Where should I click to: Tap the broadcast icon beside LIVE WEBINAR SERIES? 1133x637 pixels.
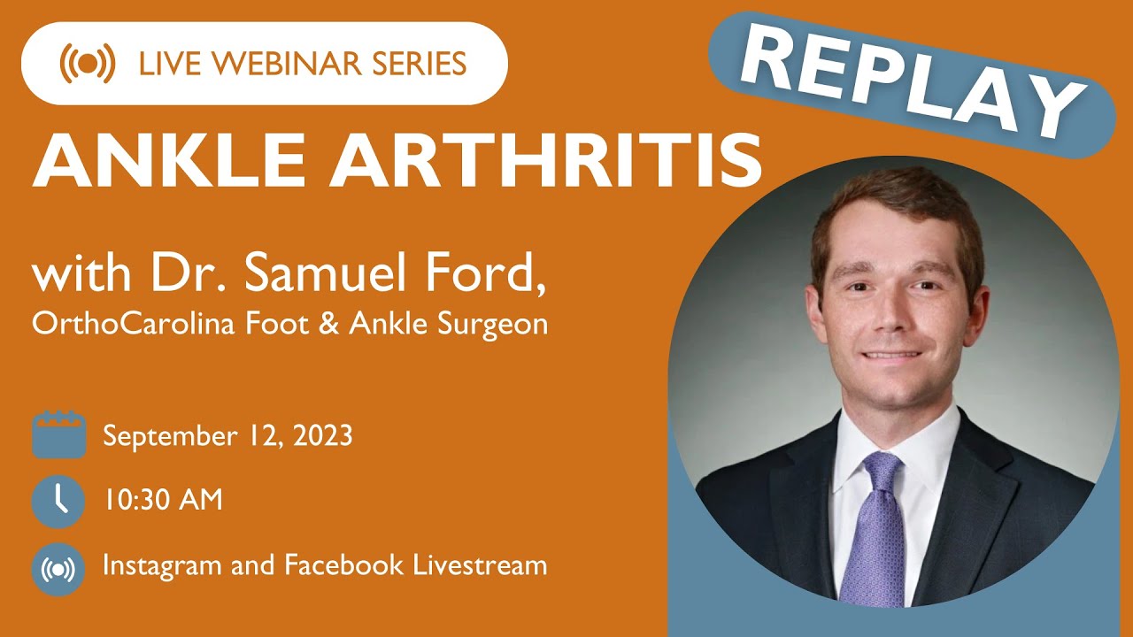click(x=87, y=64)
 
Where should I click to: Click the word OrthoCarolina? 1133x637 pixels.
click(x=130, y=325)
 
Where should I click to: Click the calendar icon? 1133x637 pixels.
click(x=58, y=435)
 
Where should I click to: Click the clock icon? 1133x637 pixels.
click(x=58, y=501)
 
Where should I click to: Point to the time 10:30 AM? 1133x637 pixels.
click(x=162, y=501)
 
